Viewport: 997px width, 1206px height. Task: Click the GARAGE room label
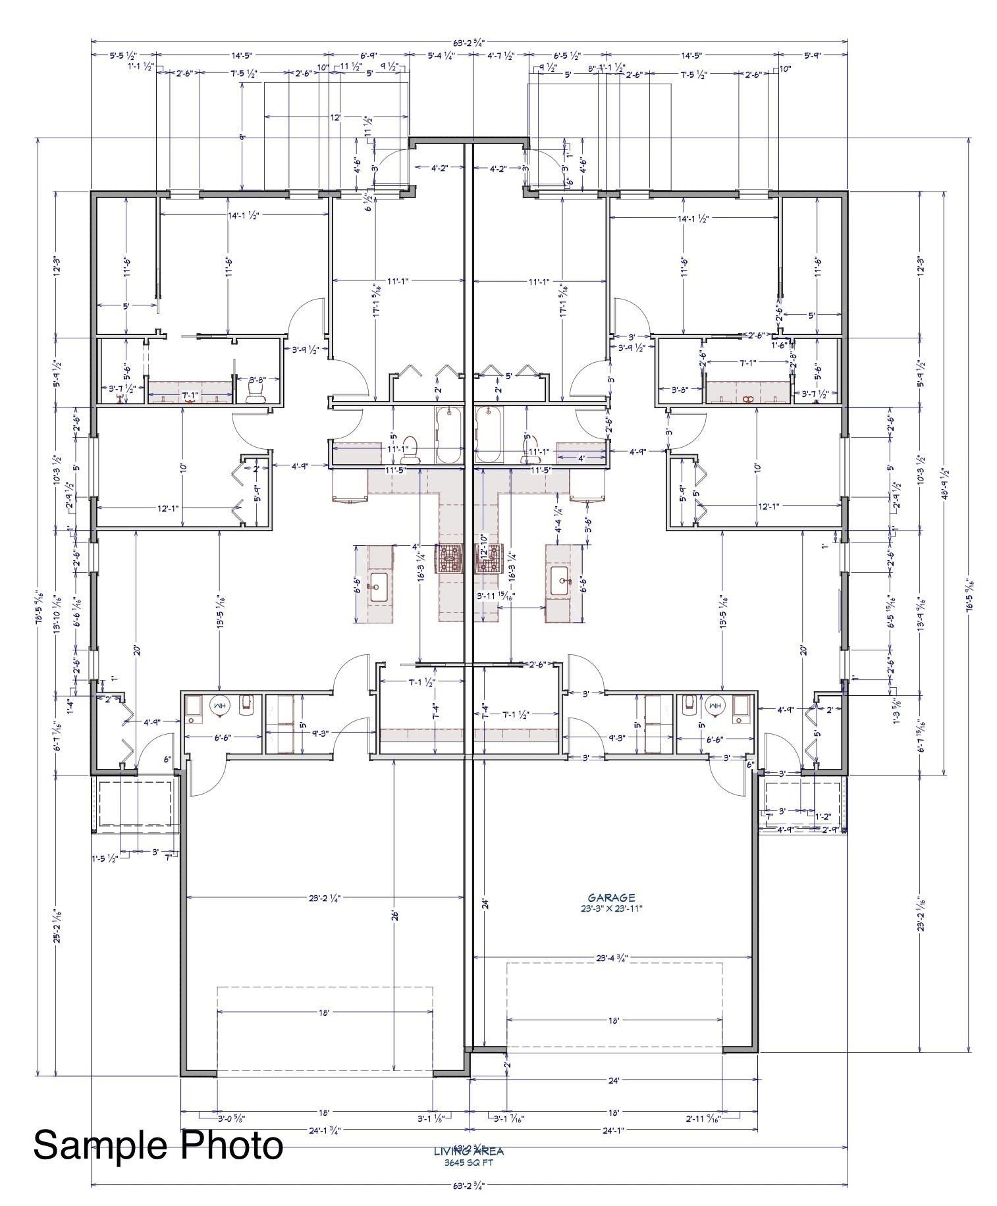[x=611, y=897]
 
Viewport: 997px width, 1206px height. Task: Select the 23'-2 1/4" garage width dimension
[x=324, y=897]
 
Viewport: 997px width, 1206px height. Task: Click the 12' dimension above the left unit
[x=336, y=117]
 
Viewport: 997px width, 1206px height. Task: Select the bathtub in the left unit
[x=450, y=436]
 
